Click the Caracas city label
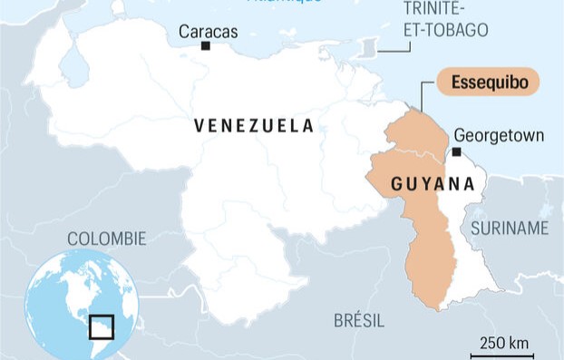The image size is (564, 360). point(208,32)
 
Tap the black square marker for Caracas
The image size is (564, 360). point(206,45)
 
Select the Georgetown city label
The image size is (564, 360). point(499,135)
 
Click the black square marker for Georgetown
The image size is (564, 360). point(457,151)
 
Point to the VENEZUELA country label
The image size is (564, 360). point(254,126)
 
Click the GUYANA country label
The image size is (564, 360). point(433,185)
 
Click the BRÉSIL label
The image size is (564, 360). point(359,320)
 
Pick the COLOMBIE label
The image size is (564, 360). point(107,238)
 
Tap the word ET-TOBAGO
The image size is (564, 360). point(445,30)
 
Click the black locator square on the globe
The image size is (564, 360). point(102,326)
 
